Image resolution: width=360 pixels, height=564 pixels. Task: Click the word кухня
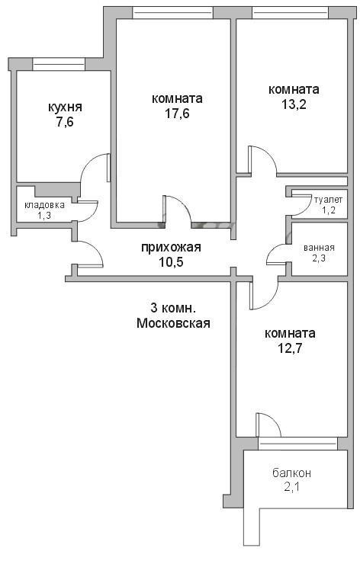[x=65, y=107]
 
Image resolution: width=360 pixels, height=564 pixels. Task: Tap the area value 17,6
[x=177, y=114]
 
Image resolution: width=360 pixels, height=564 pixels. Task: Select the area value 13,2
[x=294, y=104]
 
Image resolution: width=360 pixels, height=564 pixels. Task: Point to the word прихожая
[x=171, y=248]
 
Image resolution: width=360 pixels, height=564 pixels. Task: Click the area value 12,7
[x=290, y=348]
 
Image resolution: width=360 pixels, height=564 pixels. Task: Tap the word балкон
[x=291, y=473]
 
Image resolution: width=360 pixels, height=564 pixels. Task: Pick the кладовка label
[x=45, y=205]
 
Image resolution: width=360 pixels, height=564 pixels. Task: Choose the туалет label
[x=328, y=200]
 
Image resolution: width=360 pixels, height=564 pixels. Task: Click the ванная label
[x=319, y=248]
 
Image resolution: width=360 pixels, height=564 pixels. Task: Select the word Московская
[x=173, y=323]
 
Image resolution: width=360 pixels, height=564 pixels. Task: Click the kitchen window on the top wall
[x=58, y=64]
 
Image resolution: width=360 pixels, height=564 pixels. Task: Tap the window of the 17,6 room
[x=173, y=13]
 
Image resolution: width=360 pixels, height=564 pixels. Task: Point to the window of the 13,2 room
[x=290, y=13]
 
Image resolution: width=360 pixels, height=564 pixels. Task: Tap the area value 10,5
[x=171, y=262]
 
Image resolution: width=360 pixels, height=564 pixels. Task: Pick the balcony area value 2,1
[x=292, y=487]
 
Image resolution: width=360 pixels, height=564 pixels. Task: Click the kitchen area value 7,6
[x=65, y=122]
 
